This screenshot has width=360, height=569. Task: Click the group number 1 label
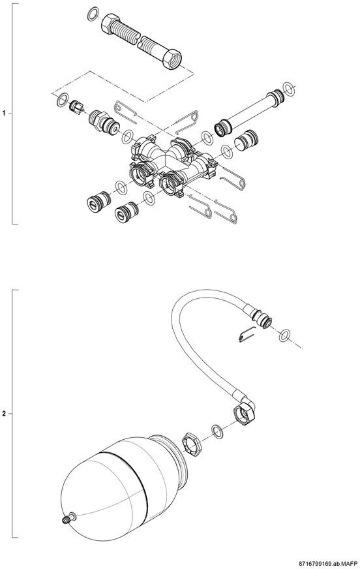(5, 114)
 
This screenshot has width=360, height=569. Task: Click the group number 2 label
(5, 414)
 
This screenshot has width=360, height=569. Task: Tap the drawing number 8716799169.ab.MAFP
(325, 564)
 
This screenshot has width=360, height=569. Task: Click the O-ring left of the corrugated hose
(93, 14)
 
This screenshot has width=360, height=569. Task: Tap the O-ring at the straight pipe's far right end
(288, 89)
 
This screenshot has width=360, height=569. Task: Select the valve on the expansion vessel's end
(68, 518)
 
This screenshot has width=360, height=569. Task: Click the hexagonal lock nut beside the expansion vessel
(191, 444)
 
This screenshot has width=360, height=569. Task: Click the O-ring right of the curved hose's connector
(285, 335)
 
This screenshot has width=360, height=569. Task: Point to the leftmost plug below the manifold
(98, 201)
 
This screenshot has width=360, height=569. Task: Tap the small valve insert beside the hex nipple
(76, 107)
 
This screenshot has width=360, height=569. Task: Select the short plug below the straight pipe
(246, 139)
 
